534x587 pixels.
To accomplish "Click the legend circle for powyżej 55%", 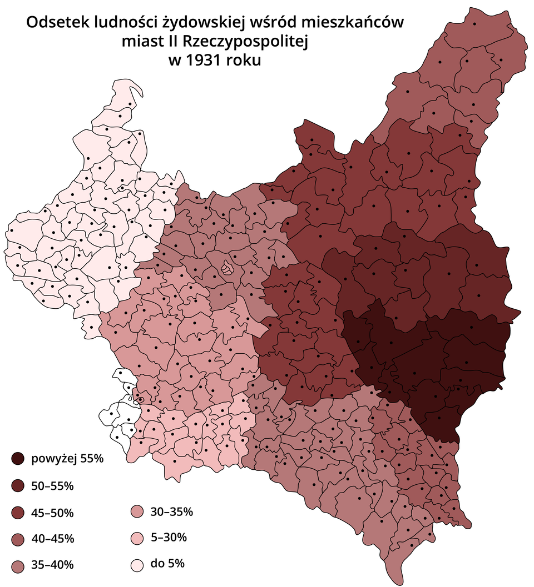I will [17, 459].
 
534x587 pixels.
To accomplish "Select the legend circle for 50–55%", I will [17, 485].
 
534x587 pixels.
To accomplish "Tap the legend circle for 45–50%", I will [17, 512].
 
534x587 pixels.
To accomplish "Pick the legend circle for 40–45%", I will [17, 539].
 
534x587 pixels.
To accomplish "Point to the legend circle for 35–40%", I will [17, 565].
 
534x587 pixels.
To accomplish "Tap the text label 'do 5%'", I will [167, 564].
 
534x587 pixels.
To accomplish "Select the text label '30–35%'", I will [172, 511].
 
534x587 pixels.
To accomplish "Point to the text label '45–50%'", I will [52, 512].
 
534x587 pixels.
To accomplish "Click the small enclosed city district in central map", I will [227, 268].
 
